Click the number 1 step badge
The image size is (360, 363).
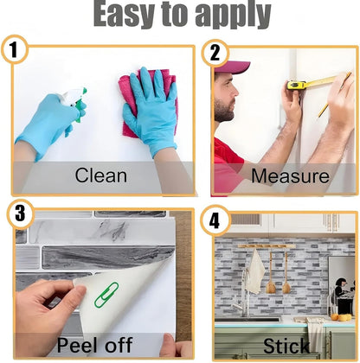coord(15,49)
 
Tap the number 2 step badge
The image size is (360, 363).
coord(215,53)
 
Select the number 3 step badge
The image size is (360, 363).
coord(21,213)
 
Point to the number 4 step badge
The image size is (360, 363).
coord(215,221)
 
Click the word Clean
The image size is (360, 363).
coord(101,175)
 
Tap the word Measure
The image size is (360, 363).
coord(290,175)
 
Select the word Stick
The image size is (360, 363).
coord(286,346)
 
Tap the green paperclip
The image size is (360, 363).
coord(106,295)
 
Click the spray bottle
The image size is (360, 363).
coord(74,103)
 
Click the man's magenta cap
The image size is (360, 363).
coord(231,67)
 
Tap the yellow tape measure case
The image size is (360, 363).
coord(297,86)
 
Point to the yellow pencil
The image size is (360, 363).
coord(335,95)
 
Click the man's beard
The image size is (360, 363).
coord(223,110)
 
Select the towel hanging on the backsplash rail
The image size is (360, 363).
coord(255,271)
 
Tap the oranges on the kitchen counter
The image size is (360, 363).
coord(342,317)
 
